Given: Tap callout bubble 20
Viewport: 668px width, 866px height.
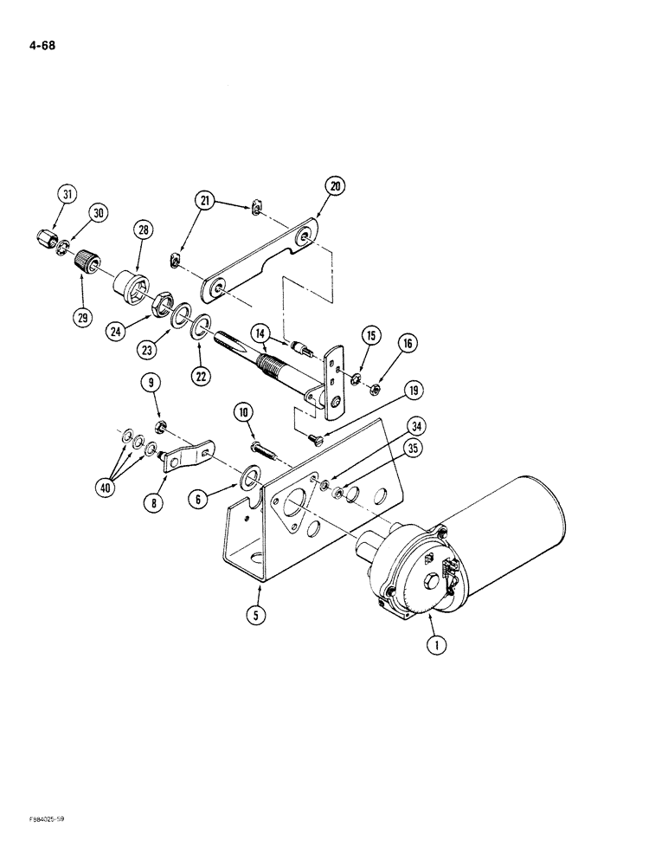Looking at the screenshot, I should pyautogui.click(x=335, y=185).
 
